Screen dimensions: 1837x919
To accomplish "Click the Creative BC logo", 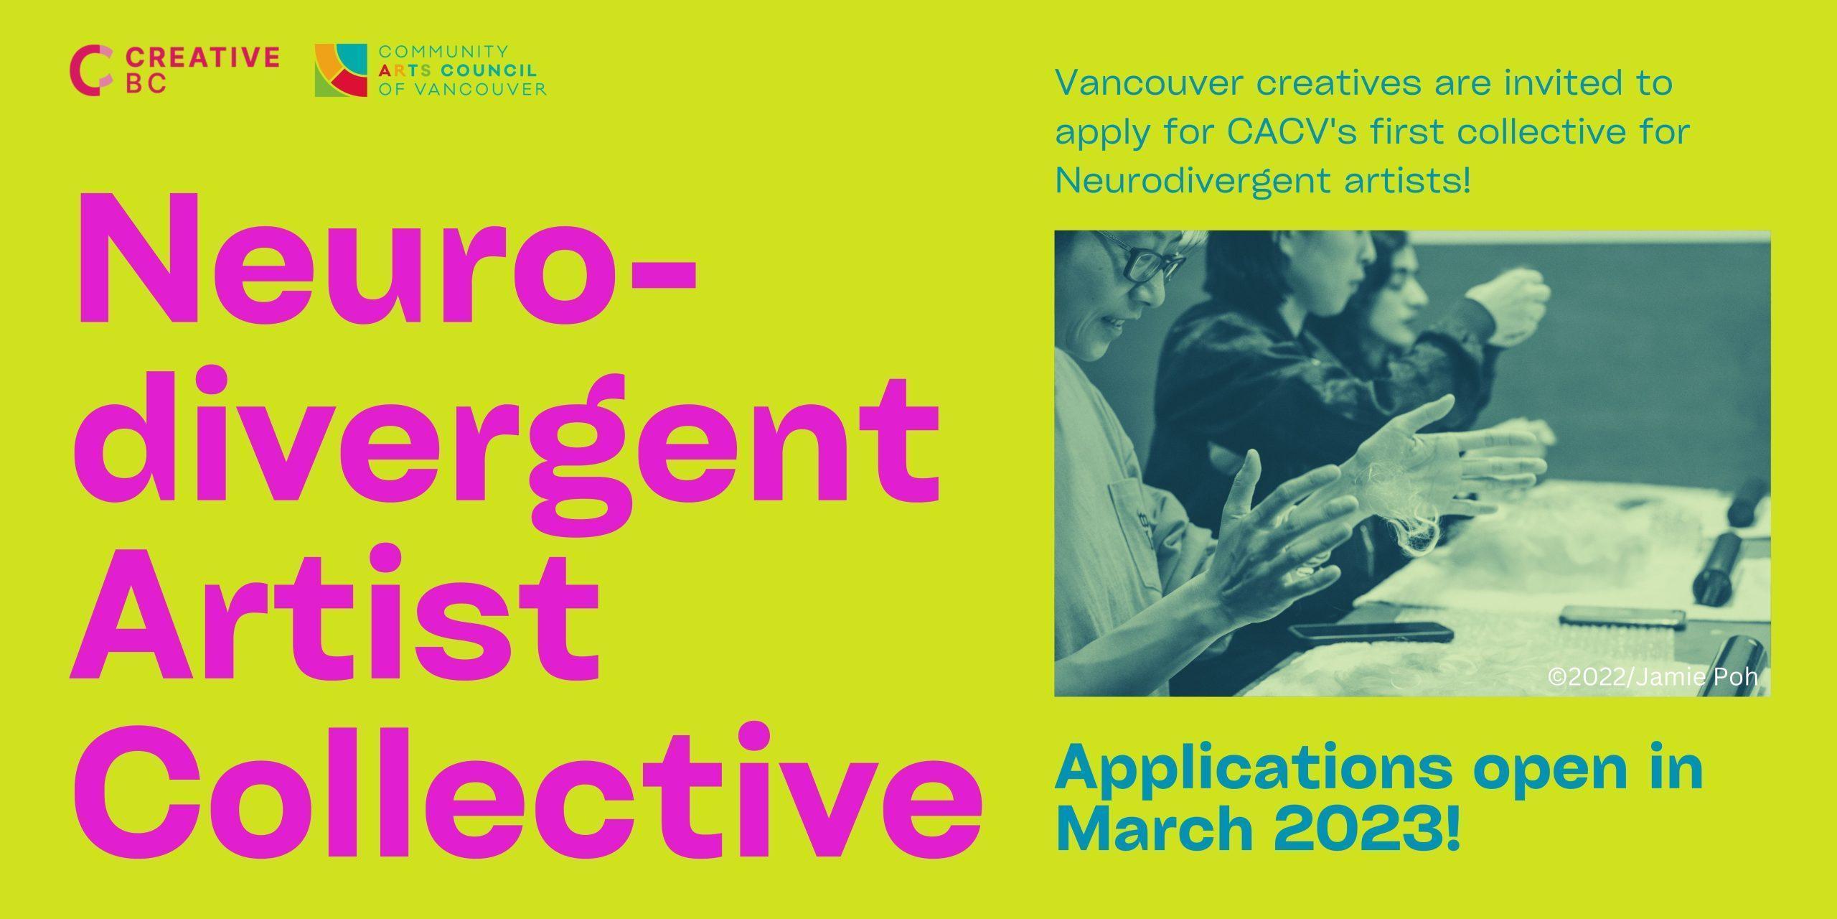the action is (174, 70).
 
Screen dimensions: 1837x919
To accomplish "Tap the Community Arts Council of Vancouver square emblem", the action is (342, 70).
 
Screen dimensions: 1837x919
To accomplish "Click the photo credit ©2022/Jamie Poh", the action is (1653, 677).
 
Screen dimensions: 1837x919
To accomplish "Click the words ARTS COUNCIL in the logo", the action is (456, 70).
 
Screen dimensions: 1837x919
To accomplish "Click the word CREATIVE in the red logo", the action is (202, 57).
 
